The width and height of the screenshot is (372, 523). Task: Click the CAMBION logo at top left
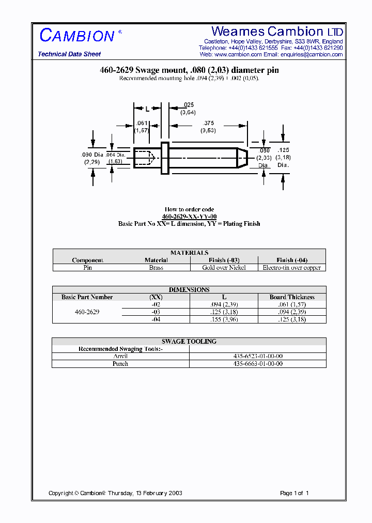[78, 36]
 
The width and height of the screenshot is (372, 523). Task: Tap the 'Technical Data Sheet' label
[69, 54]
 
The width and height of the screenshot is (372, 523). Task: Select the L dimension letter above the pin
[147, 109]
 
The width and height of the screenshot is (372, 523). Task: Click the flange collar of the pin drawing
[165, 158]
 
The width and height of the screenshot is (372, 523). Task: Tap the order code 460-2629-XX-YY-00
[189, 217]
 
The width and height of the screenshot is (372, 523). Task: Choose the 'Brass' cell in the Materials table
[156, 268]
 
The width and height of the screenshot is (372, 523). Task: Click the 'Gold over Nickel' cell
[224, 268]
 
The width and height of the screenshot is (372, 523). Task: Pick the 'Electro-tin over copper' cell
[292, 268]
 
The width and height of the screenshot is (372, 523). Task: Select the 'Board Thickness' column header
[292, 297]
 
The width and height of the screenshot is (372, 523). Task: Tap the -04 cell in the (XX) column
[156, 319]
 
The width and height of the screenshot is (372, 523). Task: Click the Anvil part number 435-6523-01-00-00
[258, 356]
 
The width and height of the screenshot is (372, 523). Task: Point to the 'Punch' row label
[120, 364]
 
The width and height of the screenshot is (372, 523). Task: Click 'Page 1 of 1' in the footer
[294, 493]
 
